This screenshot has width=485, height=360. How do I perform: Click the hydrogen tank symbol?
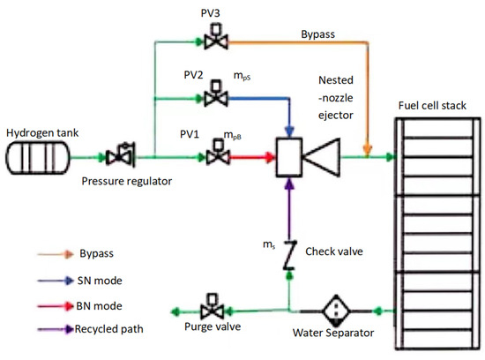(x=36, y=158)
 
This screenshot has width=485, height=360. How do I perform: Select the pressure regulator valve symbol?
(x=116, y=158)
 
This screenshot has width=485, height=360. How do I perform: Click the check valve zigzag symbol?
(x=289, y=255)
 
